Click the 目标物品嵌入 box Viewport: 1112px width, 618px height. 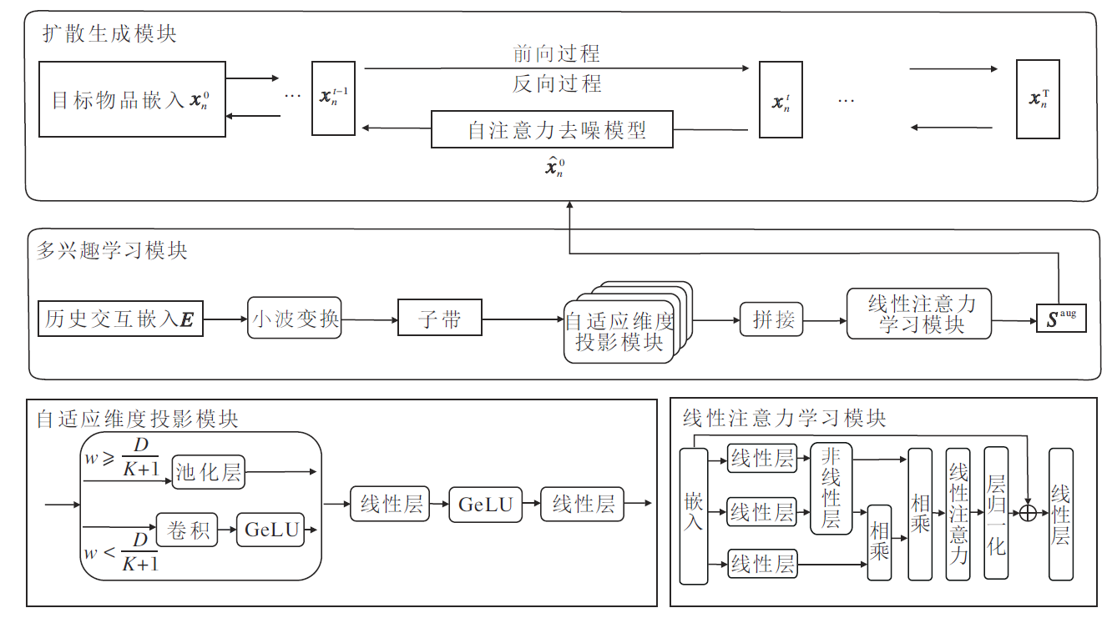click(x=132, y=100)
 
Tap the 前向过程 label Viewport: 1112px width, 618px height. click(x=556, y=54)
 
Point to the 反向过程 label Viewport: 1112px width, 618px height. click(x=556, y=83)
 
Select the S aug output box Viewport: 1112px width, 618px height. click(x=1061, y=319)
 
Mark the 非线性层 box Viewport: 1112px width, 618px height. click(x=831, y=489)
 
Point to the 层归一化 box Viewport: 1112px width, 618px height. click(x=996, y=514)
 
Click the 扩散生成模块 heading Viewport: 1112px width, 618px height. click(x=109, y=34)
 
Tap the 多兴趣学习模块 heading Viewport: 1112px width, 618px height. click(x=112, y=250)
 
